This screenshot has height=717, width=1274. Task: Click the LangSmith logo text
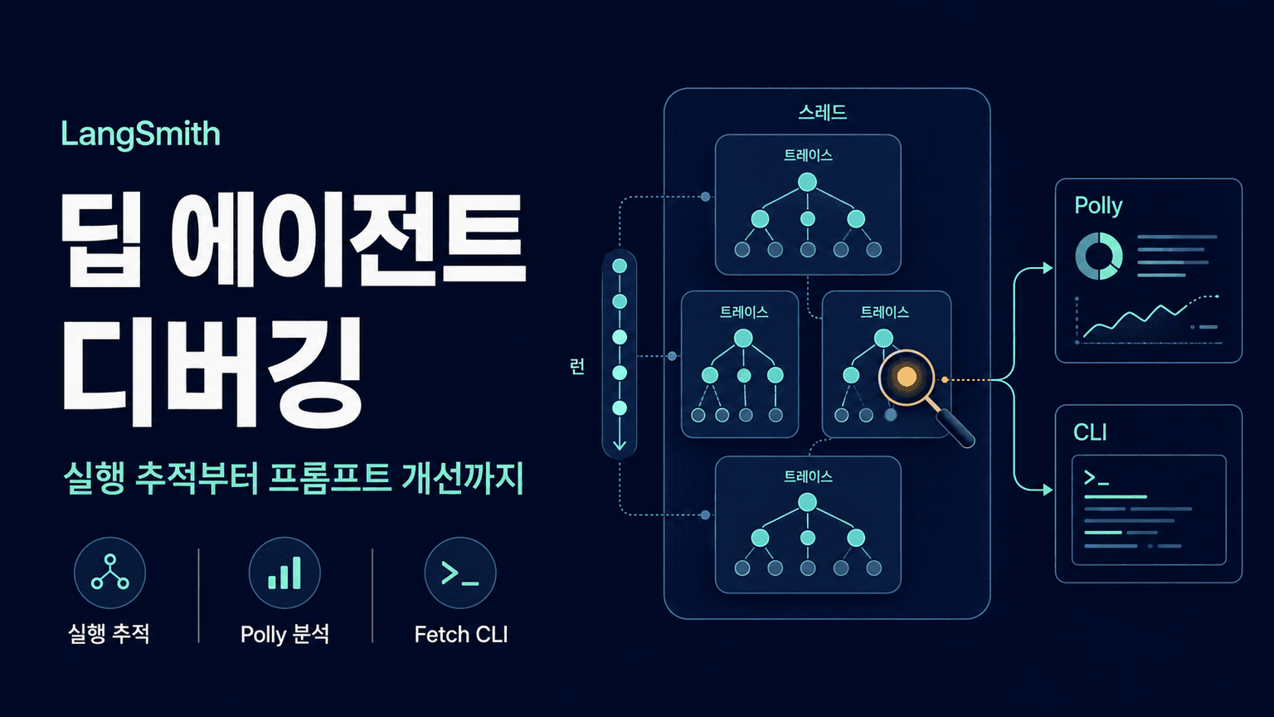pos(140,135)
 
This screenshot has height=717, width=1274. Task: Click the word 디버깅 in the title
pos(212,373)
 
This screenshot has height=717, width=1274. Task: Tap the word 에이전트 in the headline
pos(348,240)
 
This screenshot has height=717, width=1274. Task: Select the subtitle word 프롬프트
pos(330,478)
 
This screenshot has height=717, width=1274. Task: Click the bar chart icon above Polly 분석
pos(284,573)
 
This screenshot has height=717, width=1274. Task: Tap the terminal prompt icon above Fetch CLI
pos(460,573)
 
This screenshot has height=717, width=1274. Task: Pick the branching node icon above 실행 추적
pos(109,572)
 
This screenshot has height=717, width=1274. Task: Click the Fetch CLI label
pos(461,635)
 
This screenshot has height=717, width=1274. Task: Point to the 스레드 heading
pos(823,112)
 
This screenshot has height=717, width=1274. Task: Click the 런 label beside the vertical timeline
pos(577,367)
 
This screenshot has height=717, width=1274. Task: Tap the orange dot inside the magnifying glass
pos(906,376)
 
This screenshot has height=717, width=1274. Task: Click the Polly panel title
pos(1098,206)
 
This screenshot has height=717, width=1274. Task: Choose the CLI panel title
pos(1091,432)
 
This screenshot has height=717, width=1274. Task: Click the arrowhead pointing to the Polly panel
pos(1047,267)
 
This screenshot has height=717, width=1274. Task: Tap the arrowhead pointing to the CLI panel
pos(1047,490)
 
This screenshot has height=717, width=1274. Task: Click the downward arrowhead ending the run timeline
pos(620,444)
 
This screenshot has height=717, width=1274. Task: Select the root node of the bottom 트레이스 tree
pos(808,502)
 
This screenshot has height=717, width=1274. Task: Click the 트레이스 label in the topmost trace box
pos(808,155)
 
